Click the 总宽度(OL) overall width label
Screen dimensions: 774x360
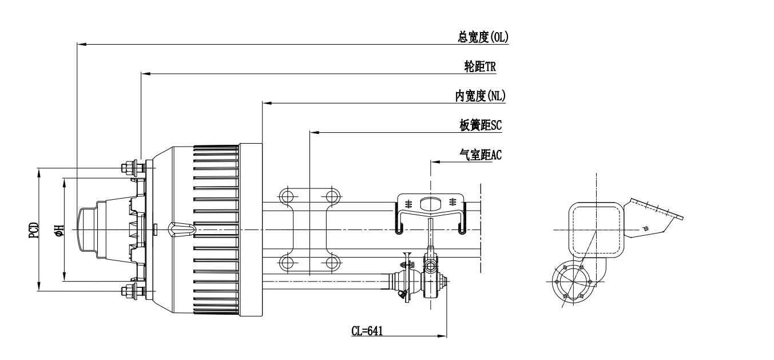pyautogui.click(x=483, y=37)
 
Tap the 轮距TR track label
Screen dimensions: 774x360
pyautogui.click(x=480, y=66)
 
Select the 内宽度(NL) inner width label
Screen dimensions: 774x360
pyautogui.click(x=481, y=96)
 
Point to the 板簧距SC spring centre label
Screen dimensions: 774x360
pyautogui.click(x=481, y=125)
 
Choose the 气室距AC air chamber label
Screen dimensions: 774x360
pyautogui.click(x=481, y=155)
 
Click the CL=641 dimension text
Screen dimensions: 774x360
pyautogui.click(x=367, y=331)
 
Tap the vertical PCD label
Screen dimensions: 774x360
pyautogui.click(x=34, y=230)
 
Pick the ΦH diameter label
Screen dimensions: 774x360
pyautogui.click(x=59, y=230)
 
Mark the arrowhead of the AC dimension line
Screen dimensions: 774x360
pyautogui.click(x=435, y=162)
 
